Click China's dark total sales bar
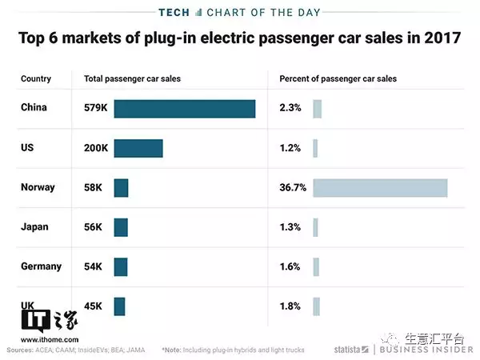coord(185,108)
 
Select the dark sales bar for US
coord(138,148)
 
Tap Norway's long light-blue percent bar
coord(380,187)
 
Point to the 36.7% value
coord(291,187)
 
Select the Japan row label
coord(34,226)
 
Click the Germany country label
coord(40,266)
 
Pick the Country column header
coord(36,79)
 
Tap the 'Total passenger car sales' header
coord(133,79)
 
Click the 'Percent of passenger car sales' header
coord(338,79)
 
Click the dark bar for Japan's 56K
coord(121,227)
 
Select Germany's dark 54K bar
coord(121,266)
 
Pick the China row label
coord(34,108)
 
